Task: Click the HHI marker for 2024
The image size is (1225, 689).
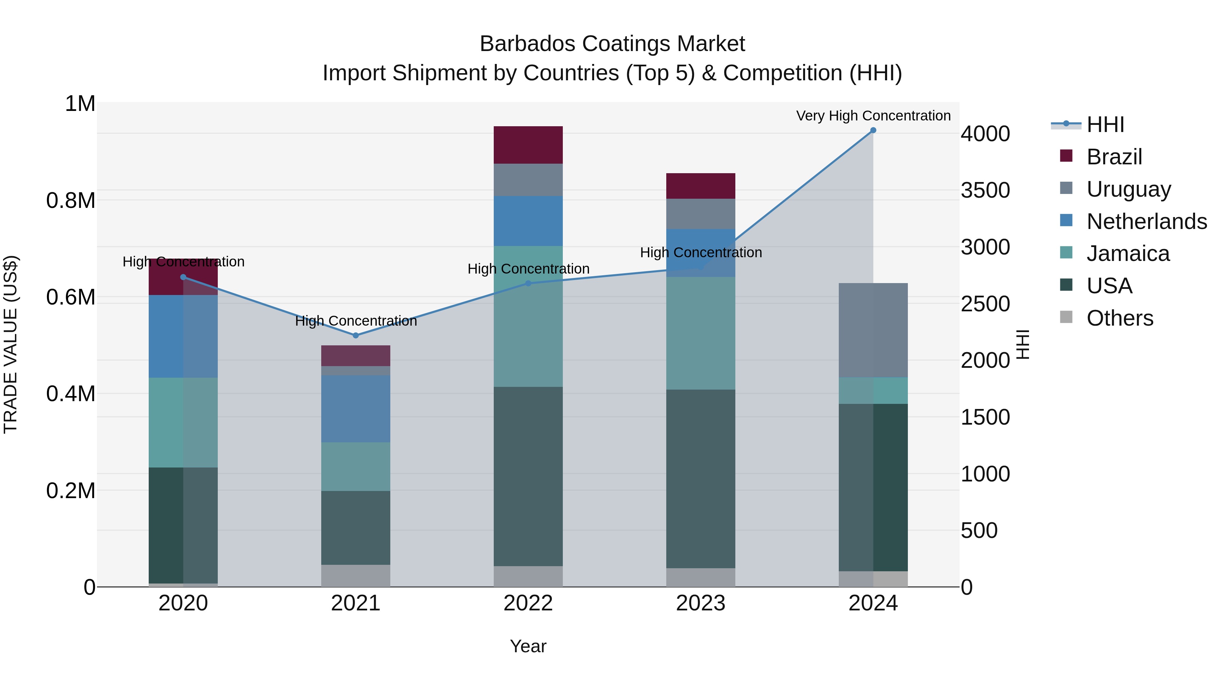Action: click(x=873, y=130)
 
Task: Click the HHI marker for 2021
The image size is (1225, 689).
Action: click(x=356, y=335)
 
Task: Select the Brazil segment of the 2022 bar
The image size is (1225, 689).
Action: click(x=528, y=145)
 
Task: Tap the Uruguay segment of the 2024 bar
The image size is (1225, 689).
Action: click(x=873, y=330)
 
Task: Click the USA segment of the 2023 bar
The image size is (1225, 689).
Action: click(x=701, y=478)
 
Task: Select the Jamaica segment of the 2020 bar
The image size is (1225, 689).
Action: click(x=183, y=422)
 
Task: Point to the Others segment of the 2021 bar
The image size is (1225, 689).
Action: click(x=356, y=575)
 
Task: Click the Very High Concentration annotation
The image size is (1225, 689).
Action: click(x=873, y=116)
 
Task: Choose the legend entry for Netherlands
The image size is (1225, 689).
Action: click(x=1146, y=222)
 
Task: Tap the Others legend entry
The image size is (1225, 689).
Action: click(x=1120, y=318)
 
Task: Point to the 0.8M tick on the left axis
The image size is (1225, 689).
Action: click(x=70, y=201)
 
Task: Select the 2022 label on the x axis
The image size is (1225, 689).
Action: click(x=528, y=603)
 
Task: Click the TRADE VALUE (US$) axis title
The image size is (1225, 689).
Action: click(x=11, y=344)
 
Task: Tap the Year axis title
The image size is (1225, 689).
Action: click(x=528, y=646)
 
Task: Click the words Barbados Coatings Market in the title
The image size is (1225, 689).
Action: click(x=612, y=44)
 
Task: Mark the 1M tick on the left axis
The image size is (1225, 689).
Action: click(x=80, y=104)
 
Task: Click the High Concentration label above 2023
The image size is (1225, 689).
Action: click(x=701, y=252)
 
